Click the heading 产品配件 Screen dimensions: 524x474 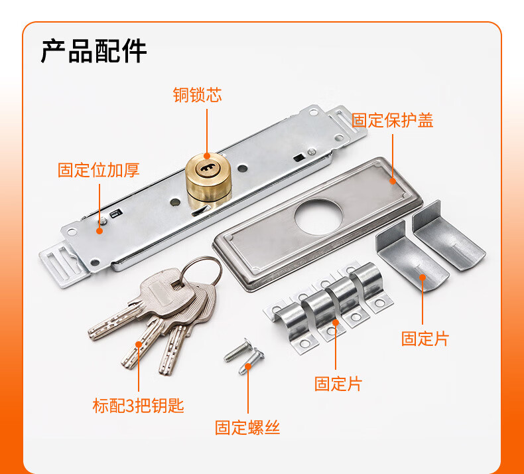pyautogui.click(x=94, y=51)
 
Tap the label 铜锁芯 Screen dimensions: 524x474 pyautogui.click(x=198, y=95)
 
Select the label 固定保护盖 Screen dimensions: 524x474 pyautogui.click(x=392, y=120)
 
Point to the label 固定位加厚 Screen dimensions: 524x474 pyautogui.click(x=99, y=170)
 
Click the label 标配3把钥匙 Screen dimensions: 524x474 pyautogui.click(x=138, y=406)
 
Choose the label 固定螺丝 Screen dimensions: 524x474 pyautogui.click(x=247, y=428)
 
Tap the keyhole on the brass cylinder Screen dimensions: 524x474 pyautogui.click(x=207, y=168)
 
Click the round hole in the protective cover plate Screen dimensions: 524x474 pyautogui.click(x=319, y=218)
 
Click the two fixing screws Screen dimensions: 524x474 pyautogui.click(x=245, y=355)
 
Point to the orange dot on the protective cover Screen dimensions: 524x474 pyautogui.click(x=393, y=181)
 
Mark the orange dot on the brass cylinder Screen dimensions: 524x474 pyautogui.click(x=207, y=156)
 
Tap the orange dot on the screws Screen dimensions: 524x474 pyautogui.click(x=248, y=366)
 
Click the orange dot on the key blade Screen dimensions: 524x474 pyautogui.click(x=139, y=344)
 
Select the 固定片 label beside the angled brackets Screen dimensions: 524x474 pyautogui.click(x=425, y=339)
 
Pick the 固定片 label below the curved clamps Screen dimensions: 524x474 pyautogui.click(x=338, y=383)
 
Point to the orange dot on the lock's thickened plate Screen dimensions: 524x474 pyautogui.click(x=99, y=231)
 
